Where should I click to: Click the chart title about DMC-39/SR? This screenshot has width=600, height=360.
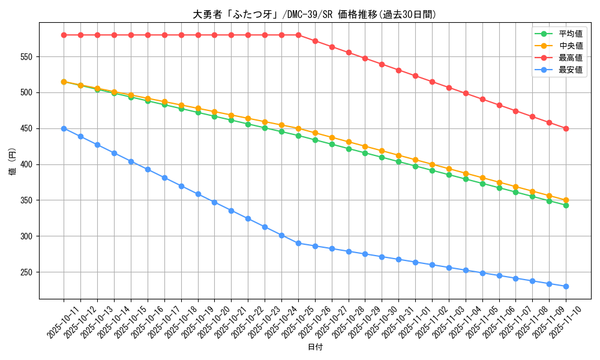tap(314, 14)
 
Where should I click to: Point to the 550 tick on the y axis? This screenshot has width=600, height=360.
tap(26, 57)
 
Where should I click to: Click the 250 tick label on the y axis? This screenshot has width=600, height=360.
tap(26, 272)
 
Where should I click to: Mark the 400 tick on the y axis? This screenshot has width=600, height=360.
tap(26, 164)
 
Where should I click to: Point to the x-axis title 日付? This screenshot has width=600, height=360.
tap(314, 347)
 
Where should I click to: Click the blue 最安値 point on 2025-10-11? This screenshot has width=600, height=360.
tap(64, 128)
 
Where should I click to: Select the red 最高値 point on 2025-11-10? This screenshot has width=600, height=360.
tap(566, 128)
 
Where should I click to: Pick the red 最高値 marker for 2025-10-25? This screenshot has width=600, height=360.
tap(298, 35)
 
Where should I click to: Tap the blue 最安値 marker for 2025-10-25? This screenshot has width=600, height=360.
tap(298, 243)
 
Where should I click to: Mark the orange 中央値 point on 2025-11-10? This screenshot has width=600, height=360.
tap(566, 200)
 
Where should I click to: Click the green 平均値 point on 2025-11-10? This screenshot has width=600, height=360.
tap(566, 205)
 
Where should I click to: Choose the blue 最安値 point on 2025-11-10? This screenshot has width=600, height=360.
tap(566, 286)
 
